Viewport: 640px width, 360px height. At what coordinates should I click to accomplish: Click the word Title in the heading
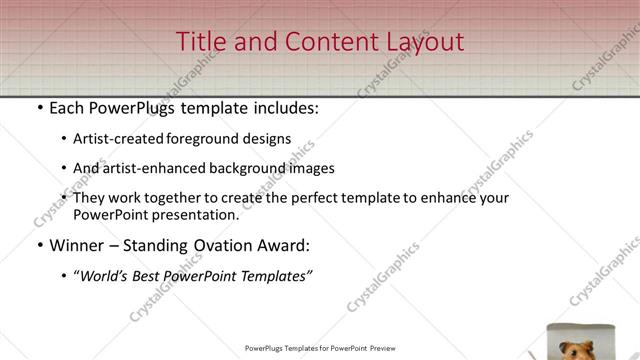click(x=200, y=42)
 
